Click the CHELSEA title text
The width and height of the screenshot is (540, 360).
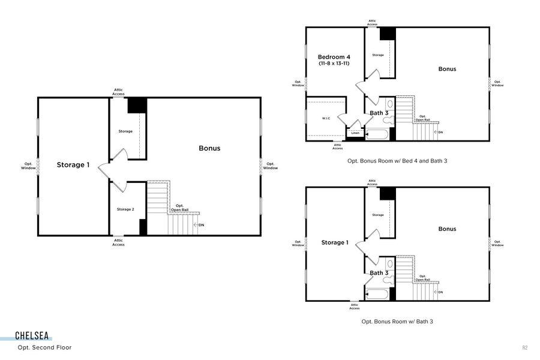coord(32,335)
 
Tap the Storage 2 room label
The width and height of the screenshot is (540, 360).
coord(125,209)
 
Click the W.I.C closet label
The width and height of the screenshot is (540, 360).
coord(326,119)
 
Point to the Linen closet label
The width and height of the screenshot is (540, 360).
coord(355,133)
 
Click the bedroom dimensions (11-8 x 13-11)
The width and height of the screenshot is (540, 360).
coord(334,64)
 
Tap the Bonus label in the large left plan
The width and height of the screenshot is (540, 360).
coord(209,148)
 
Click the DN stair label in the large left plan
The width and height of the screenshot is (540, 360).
coord(202,225)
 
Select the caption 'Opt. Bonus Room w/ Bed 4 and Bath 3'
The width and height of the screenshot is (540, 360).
coord(397,161)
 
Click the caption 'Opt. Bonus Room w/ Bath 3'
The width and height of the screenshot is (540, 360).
coord(397,322)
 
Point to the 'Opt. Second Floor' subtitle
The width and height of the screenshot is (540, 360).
coord(45,347)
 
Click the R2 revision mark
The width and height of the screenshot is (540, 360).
coord(524,348)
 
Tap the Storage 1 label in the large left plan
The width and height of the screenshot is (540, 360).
coord(73,164)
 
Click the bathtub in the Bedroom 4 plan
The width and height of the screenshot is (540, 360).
coord(377,134)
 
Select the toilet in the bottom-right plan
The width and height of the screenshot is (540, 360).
coord(388,280)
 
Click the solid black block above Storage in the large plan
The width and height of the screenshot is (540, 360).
coord(137,106)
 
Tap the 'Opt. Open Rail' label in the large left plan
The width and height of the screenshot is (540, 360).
coord(180,208)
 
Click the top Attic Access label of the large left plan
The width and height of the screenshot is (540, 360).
coord(118,92)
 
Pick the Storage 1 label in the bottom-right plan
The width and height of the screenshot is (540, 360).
coord(335,242)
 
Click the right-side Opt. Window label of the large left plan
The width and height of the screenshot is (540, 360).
coord(271,166)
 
